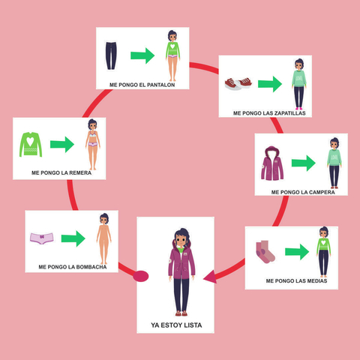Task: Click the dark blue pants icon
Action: tap(111, 55)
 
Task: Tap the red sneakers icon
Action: tap(238, 83)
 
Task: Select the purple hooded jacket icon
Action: tap(272, 163)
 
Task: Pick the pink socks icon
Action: tap(265, 252)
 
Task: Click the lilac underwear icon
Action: tap(42, 238)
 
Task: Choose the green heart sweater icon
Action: tap(31, 145)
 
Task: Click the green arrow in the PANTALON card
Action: tap(142, 55)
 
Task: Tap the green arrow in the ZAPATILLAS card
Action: tap(270, 84)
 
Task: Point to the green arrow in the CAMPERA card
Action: tap(304, 163)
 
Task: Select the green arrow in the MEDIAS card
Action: tap(297, 252)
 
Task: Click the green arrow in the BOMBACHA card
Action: tap(73, 238)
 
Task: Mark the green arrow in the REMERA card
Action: tap(62, 144)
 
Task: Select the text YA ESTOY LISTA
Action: tap(176, 325)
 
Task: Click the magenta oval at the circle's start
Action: tap(141, 276)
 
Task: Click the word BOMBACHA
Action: tap(91, 267)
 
